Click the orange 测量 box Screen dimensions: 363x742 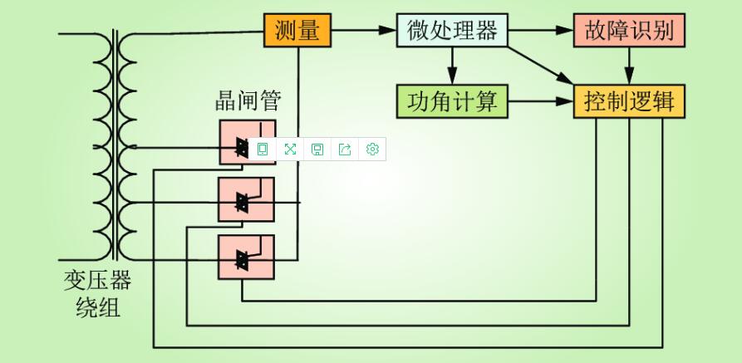coord(297,31)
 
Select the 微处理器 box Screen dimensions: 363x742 coord(451,31)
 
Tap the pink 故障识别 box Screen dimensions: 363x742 coord(629,31)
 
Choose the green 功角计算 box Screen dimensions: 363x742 coord(452,101)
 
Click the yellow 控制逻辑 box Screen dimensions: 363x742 coord(629,101)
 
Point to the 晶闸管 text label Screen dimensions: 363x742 coord(248,101)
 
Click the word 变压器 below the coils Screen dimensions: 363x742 coord(97,280)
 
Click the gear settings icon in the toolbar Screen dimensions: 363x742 coord(372,149)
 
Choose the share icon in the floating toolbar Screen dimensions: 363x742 coord(345,149)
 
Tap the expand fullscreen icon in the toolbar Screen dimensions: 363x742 coord(290,149)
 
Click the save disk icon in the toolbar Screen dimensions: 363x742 coord(317,149)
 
